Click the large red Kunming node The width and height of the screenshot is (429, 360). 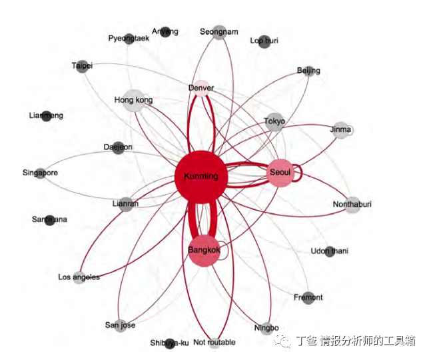pyautogui.click(x=201, y=177)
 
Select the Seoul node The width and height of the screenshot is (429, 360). pyautogui.click(x=280, y=172)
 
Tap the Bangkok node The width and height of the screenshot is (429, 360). pyautogui.click(x=204, y=251)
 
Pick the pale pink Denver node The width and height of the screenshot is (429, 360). pyautogui.click(x=201, y=89)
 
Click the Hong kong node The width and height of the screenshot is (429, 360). pyautogui.click(x=134, y=101)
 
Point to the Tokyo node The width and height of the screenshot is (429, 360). pyautogui.click(x=274, y=121)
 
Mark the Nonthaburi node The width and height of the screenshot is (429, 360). pyautogui.click(x=352, y=205)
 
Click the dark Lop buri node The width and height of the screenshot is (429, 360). pyautogui.click(x=264, y=41)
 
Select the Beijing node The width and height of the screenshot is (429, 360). pyautogui.click(x=308, y=71)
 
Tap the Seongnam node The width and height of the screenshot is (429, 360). pyautogui.click(x=219, y=32)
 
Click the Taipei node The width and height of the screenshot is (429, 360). pyautogui.click(x=82, y=66)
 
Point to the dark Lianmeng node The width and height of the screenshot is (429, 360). pyautogui.click(x=47, y=116)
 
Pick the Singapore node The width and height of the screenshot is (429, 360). pyautogui.click(x=41, y=173)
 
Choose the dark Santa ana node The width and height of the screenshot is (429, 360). pyautogui.click(x=49, y=219)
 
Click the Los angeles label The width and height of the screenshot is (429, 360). pyautogui.click(x=79, y=277)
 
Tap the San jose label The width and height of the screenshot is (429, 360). pyautogui.click(x=120, y=325)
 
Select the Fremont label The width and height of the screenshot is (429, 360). pyautogui.click(x=308, y=297)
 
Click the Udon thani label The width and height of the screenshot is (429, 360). pyautogui.click(x=329, y=251)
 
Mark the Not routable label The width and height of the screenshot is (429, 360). pyautogui.click(x=214, y=343)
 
